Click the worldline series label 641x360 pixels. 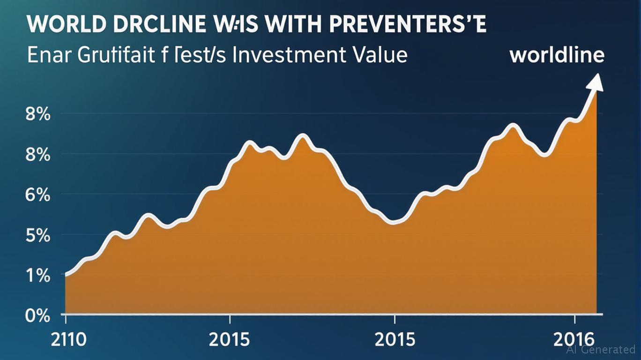557,55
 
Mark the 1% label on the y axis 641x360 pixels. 38,276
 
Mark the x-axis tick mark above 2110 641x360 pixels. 66,319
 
